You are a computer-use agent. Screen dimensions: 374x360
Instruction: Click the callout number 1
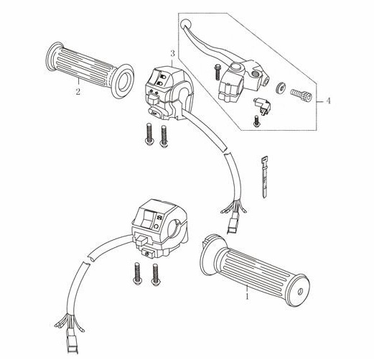[247, 297]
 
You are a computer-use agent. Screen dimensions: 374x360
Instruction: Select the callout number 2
[78, 91]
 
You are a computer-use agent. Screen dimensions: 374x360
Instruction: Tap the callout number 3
[172, 53]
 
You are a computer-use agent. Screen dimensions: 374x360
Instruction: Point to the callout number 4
[328, 101]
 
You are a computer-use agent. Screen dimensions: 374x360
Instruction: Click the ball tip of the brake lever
[185, 23]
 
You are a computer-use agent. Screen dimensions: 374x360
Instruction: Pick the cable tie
[264, 177]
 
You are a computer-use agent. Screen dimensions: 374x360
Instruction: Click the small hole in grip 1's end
[300, 291]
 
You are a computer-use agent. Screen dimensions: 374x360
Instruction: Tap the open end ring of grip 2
[123, 81]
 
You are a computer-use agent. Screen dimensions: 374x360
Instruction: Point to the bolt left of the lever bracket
[217, 72]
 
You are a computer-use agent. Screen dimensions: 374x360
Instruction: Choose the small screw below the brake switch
[256, 121]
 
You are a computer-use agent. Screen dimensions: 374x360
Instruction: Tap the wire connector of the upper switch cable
[232, 226]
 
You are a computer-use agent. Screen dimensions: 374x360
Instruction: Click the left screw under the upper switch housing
[149, 134]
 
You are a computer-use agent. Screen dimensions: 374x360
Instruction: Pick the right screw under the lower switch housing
[156, 274]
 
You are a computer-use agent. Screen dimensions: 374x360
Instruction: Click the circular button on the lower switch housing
[156, 226]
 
